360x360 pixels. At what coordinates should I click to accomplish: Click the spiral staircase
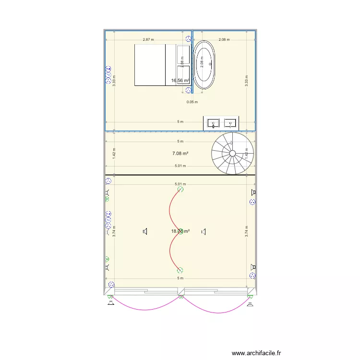click(x=232, y=153)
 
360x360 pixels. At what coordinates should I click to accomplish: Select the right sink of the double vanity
click(x=231, y=123)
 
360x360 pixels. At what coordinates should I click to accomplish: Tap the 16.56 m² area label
click(x=180, y=81)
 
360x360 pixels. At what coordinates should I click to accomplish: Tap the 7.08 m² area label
click(x=180, y=154)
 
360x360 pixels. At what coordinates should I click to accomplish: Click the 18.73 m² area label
click(x=180, y=231)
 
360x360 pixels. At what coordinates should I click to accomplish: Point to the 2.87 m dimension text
click(x=148, y=40)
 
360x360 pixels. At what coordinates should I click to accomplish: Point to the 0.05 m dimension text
click(x=192, y=102)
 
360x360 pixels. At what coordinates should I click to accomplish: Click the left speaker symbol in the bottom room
click(x=144, y=232)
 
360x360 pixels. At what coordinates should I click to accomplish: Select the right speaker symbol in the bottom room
click(x=204, y=232)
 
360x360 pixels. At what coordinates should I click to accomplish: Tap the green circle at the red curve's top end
click(x=180, y=189)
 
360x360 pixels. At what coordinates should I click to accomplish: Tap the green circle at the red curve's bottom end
click(x=180, y=271)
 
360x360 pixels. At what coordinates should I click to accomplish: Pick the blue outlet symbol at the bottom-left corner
click(x=111, y=284)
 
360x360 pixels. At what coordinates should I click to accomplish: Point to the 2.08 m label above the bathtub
click(x=224, y=40)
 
